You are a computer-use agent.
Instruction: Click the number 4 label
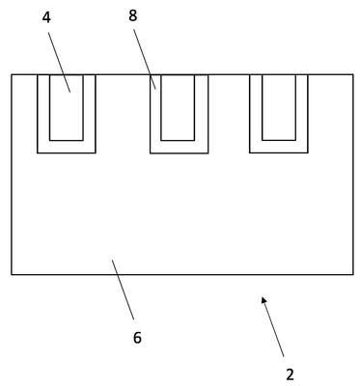pyautogui.click(x=46, y=17)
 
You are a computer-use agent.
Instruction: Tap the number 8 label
pyautogui.click(x=133, y=15)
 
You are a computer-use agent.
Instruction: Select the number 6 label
pyautogui.click(x=137, y=338)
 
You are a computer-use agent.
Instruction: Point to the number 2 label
pyautogui.click(x=290, y=374)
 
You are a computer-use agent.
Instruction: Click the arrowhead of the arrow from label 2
pyautogui.click(x=263, y=300)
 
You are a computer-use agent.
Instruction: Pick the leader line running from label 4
pyautogui.click(x=60, y=62)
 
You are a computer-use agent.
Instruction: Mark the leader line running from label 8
pyautogui.click(x=145, y=59)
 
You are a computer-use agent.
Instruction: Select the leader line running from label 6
pyautogui.click(x=123, y=289)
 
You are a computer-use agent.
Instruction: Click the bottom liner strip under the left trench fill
pyautogui.click(x=67, y=147)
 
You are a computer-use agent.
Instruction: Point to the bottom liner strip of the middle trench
pyautogui.click(x=180, y=147)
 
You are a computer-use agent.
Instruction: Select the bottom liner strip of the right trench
pyautogui.click(x=279, y=147)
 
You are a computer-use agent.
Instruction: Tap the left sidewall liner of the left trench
pyautogui.click(x=43, y=114)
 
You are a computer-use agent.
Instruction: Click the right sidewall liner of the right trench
pyautogui.click(x=302, y=114)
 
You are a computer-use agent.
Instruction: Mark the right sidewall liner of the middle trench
pyautogui.click(x=202, y=114)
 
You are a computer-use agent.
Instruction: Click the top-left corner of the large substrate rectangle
pyautogui.click(x=12, y=74)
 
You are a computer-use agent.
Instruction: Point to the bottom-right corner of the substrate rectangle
pyautogui.click(x=353, y=274)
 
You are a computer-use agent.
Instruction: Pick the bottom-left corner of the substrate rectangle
pyautogui.click(x=12, y=274)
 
